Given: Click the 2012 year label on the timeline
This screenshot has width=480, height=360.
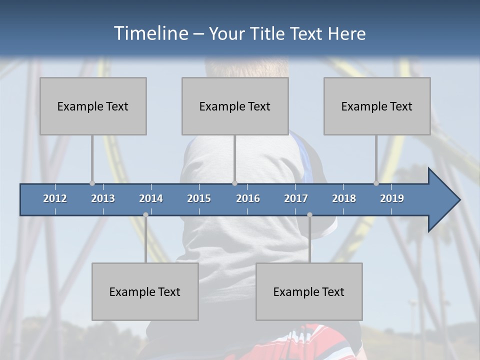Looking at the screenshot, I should click(x=55, y=198).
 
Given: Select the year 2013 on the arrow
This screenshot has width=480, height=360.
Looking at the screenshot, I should click(x=103, y=198).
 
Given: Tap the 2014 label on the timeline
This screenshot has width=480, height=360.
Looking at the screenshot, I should click(x=151, y=198).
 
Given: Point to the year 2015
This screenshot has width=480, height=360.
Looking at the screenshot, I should click(x=199, y=198).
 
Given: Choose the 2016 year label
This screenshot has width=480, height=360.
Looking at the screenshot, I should click(x=248, y=198).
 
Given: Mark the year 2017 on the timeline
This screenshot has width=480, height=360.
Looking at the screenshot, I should click(x=296, y=198).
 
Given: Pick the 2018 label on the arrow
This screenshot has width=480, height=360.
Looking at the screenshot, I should click(x=344, y=198).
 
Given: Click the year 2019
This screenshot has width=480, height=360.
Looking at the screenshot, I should click(x=392, y=198).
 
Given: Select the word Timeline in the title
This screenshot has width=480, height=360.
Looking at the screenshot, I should click(x=150, y=33).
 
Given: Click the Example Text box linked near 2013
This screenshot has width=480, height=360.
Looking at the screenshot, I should click(x=93, y=106).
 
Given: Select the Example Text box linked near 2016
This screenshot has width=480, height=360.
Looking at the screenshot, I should click(x=235, y=106).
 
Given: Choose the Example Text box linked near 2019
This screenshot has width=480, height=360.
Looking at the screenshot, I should click(x=377, y=106).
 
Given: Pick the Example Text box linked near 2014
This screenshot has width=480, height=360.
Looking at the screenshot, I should click(x=145, y=291).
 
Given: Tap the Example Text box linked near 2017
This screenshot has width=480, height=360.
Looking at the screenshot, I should click(x=309, y=291).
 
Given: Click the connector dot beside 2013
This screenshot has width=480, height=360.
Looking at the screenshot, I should click(x=92, y=183).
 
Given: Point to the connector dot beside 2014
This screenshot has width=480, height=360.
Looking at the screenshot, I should click(x=145, y=214).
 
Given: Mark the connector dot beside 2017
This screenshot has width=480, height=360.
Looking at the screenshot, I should click(x=309, y=214).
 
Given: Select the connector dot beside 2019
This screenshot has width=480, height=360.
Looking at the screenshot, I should click(x=376, y=183).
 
